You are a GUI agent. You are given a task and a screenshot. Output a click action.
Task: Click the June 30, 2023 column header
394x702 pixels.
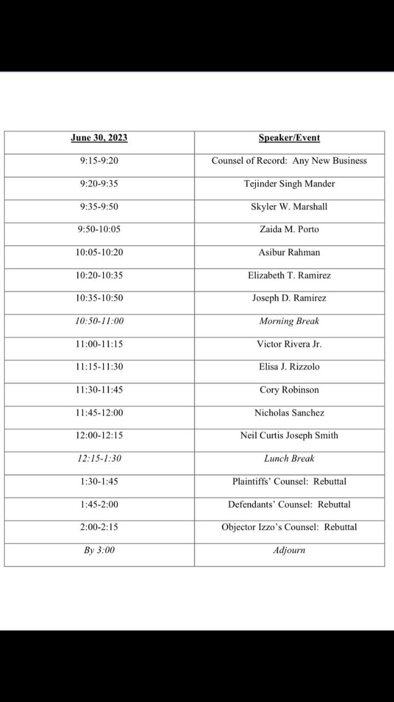[99, 138]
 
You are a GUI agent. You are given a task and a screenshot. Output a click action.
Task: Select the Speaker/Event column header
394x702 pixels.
[289, 138]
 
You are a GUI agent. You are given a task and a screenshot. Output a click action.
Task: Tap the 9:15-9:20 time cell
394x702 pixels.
[99, 161]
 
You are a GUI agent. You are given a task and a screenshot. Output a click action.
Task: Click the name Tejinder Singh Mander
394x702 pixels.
[289, 184]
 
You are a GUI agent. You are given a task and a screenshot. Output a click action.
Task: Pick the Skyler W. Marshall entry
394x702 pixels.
[289, 207]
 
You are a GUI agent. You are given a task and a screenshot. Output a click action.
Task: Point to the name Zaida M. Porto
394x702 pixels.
[289, 229]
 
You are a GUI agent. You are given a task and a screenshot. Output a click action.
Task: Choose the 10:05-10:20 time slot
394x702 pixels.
[99, 252]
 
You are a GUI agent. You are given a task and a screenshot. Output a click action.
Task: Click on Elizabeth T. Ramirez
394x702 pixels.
[289, 275]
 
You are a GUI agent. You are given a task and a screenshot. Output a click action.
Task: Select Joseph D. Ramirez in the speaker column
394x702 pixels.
[289, 298]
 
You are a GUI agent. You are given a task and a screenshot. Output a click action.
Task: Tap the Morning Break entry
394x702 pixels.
[289, 321]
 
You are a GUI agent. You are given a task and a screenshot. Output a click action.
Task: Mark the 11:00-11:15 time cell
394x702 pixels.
[99, 344]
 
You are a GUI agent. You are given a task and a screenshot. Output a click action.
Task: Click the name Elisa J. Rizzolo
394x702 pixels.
[289, 367]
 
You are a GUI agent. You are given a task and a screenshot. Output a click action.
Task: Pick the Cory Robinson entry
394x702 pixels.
[289, 390]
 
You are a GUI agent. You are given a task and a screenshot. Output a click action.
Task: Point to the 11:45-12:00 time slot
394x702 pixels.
[99, 413]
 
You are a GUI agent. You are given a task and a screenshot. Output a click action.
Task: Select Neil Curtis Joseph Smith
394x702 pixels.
[289, 435]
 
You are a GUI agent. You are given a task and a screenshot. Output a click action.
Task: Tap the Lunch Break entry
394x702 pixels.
[289, 458]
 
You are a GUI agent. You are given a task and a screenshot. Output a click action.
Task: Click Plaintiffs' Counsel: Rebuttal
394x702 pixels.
[289, 482]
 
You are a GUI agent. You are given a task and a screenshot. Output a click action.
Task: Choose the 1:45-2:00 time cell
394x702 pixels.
[99, 505]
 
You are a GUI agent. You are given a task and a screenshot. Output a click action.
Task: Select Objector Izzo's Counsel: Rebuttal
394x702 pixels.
[289, 527]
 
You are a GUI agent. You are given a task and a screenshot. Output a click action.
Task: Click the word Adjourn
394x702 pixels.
[289, 550]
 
